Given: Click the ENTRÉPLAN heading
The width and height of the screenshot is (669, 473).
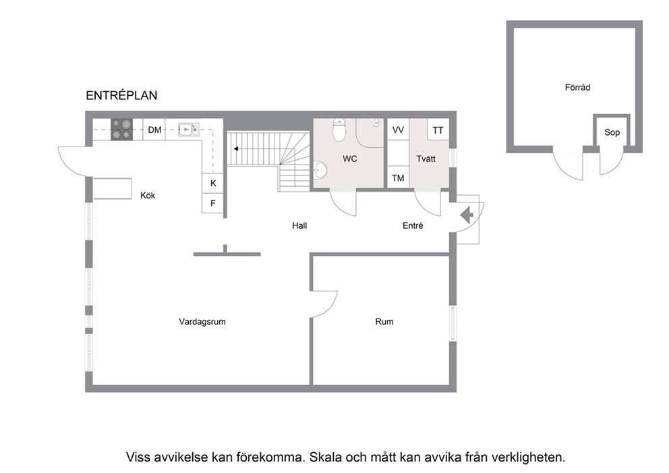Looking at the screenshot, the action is click(121, 95).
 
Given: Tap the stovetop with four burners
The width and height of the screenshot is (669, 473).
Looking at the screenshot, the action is click(121, 130).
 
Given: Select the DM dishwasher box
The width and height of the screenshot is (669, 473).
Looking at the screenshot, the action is click(154, 130).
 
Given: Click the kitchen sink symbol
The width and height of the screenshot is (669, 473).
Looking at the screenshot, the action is click(189, 129).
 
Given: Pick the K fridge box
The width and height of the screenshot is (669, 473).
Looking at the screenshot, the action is click(213, 183).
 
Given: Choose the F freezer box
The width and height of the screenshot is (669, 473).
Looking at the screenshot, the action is click(213, 203).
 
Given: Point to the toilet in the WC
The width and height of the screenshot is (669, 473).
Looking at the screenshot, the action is click(339, 130).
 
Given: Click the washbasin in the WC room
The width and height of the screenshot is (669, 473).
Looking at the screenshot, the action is click(320, 170).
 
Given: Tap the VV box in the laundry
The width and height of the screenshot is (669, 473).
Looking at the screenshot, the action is click(398, 130).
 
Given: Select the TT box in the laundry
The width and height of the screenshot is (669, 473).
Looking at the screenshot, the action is click(438, 130).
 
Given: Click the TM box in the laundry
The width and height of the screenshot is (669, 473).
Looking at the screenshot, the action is click(398, 177).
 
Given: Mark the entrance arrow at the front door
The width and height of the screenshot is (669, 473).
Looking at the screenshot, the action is click(467, 215).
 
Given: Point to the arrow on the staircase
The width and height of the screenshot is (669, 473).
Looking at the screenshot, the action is click(235, 148).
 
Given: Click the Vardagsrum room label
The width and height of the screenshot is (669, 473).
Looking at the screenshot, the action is click(202, 321).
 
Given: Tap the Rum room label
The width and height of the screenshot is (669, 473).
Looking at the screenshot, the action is click(384, 321).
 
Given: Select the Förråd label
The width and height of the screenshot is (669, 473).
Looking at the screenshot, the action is click(578, 87).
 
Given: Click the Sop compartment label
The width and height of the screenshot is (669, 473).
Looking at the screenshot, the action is click(612, 132).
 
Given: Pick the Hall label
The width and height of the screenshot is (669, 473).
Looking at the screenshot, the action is click(299, 225).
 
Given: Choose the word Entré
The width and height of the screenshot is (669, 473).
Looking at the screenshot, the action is click(413, 225).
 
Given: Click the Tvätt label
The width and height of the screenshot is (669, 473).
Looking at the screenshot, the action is click(426, 159).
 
